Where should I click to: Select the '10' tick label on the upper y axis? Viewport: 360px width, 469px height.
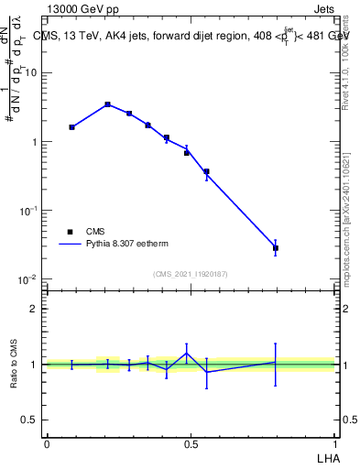[33, 73]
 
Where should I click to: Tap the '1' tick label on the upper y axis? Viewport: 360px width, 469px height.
[37, 142]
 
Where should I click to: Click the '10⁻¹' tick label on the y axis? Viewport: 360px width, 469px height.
[31, 210]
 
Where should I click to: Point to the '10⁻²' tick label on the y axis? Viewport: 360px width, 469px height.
[31, 278]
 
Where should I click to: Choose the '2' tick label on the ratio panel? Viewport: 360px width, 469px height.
[37, 309]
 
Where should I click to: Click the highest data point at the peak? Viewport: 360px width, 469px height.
[107, 104]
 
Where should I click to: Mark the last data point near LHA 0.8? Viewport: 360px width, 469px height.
[275, 248]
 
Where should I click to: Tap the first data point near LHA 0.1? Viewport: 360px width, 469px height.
[71, 127]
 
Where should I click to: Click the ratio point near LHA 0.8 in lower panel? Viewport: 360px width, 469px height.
[275, 362]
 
